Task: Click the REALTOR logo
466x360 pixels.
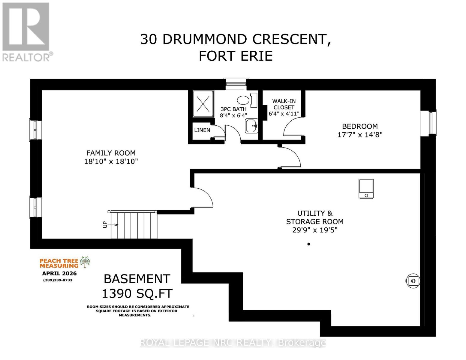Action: (26, 31)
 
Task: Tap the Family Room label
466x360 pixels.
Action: (111, 153)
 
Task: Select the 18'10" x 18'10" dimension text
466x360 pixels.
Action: (111, 161)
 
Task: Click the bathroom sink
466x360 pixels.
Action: (251, 126)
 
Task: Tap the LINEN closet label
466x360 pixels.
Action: (202, 130)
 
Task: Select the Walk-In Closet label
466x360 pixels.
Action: (284, 104)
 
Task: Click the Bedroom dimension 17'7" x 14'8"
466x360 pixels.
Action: (360, 135)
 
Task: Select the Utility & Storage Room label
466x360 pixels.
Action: (315, 217)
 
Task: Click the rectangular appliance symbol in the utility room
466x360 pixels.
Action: (366, 189)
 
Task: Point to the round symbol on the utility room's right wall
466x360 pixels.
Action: (413, 281)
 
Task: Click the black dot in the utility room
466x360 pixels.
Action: (309, 244)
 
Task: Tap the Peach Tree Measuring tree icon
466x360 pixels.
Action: (85, 262)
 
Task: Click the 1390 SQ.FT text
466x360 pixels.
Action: (137, 293)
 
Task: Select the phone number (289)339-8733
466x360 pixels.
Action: (58, 280)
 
